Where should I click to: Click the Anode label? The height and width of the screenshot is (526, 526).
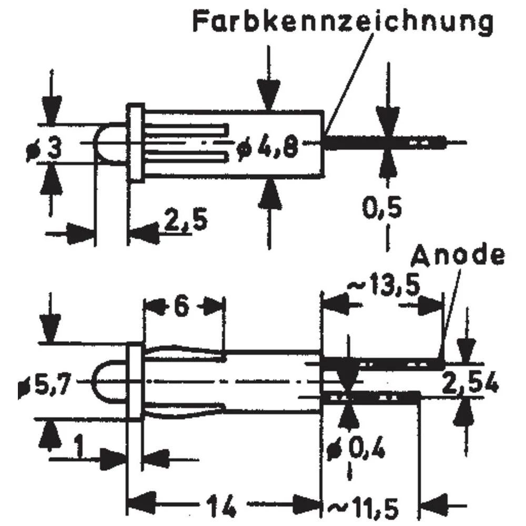(x=458, y=256)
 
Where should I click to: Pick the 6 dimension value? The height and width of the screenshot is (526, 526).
(x=181, y=308)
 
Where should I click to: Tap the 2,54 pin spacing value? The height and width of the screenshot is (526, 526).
(x=470, y=382)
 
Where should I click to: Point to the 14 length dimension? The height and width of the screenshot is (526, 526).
(x=219, y=507)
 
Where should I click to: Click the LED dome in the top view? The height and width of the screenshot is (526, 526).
(x=109, y=143)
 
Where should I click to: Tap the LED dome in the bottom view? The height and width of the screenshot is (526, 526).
(x=110, y=382)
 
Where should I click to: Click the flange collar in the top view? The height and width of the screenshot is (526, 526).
(x=135, y=143)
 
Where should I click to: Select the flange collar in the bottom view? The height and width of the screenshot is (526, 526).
(x=135, y=381)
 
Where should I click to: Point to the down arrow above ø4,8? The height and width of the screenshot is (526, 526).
(x=269, y=84)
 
